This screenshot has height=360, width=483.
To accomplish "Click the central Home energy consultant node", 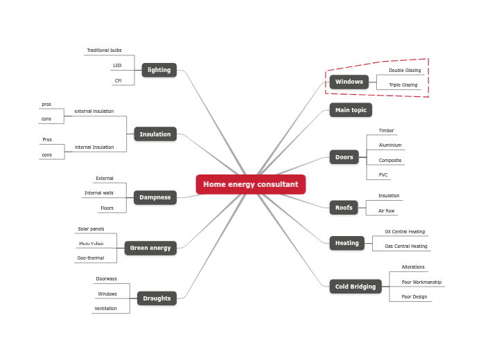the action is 250,185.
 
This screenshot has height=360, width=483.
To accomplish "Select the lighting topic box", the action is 159,70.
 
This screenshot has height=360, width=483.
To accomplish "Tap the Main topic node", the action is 351,110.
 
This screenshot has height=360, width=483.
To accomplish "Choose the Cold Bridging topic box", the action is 355,287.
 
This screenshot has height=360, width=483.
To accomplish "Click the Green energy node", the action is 150,248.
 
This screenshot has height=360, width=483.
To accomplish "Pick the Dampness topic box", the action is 155,197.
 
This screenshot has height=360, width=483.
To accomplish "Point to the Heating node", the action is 346,243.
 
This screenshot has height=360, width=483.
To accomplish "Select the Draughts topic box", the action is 157,298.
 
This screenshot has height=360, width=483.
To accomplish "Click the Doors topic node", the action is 344,157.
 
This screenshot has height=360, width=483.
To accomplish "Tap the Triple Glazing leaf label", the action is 403,85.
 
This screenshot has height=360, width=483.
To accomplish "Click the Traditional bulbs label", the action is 104,51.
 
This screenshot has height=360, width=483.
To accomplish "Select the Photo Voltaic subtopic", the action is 91,244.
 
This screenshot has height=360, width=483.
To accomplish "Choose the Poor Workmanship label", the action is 421,282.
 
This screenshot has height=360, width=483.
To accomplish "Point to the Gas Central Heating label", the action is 406,246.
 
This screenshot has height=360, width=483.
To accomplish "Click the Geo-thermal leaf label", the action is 91,258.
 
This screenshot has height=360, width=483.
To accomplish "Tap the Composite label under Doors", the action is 390,161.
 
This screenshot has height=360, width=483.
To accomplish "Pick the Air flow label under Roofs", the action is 386,211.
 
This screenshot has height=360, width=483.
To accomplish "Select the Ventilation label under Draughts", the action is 106,309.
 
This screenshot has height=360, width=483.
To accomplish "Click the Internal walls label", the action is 99,193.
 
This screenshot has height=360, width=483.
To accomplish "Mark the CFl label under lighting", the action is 118,81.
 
